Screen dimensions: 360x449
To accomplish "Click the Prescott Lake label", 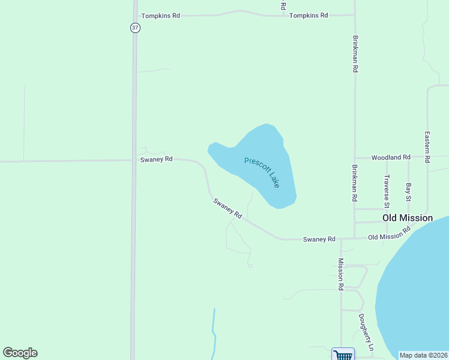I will coord(262,173).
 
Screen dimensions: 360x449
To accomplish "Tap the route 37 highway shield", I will coord(136,28).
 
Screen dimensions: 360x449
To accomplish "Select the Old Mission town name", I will coord(407,218).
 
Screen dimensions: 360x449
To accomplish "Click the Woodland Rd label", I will coord(390,157).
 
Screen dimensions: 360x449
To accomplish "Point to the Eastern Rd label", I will coord(427,147).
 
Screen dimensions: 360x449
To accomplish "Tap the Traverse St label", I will coord(387,188).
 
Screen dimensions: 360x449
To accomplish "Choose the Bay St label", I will coord(408,192).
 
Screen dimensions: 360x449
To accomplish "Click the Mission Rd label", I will coord(340,274).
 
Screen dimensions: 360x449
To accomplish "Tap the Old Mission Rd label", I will coord(389,233).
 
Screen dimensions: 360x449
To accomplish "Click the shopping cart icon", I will coord(343,355).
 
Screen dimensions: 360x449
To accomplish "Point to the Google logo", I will coord(20,353).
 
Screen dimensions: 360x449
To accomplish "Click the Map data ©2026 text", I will coord(423,355).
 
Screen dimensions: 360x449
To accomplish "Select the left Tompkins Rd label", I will coord(160,16).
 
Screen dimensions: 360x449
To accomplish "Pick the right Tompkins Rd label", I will coord(309,16).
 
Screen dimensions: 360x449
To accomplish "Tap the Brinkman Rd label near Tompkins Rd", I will coord(355,53).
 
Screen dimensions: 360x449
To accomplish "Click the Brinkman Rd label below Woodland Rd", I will coord(355,182).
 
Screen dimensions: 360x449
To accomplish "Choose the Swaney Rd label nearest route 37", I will coord(156,160).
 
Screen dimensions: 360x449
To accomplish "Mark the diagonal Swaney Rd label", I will coord(227,209).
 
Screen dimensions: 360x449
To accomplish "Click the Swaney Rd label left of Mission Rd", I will coord(319,239).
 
